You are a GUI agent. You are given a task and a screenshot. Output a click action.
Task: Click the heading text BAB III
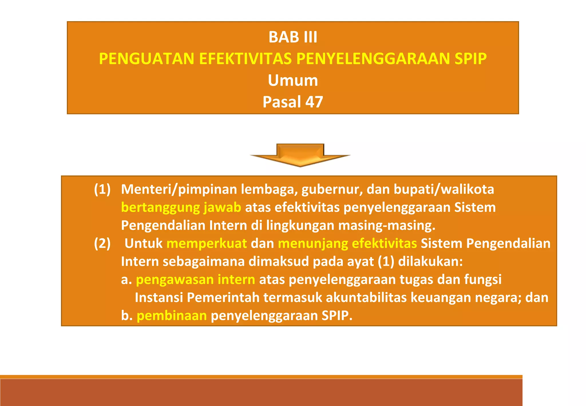click(x=293, y=37)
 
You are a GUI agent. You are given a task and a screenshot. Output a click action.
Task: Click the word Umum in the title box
click(x=293, y=80)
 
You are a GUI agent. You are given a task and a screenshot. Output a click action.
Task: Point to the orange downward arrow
click(x=300, y=155)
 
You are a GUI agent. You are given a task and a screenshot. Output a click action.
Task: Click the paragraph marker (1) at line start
click(x=102, y=190)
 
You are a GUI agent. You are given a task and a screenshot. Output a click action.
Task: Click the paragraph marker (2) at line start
click(x=102, y=244)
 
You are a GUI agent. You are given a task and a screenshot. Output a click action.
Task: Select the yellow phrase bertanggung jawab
click(x=181, y=208)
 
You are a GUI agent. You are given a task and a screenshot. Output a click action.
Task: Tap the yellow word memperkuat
click(x=207, y=244)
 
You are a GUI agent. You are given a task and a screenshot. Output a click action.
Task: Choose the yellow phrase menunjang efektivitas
click(x=347, y=244)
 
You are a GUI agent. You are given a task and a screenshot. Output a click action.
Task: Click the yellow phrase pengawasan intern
click(x=195, y=280)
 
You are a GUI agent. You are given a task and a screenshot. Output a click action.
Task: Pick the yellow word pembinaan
click(x=172, y=316)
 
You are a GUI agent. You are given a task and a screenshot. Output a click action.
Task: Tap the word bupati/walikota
click(x=444, y=190)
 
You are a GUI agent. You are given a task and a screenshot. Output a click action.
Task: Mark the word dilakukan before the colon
click(x=428, y=262)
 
